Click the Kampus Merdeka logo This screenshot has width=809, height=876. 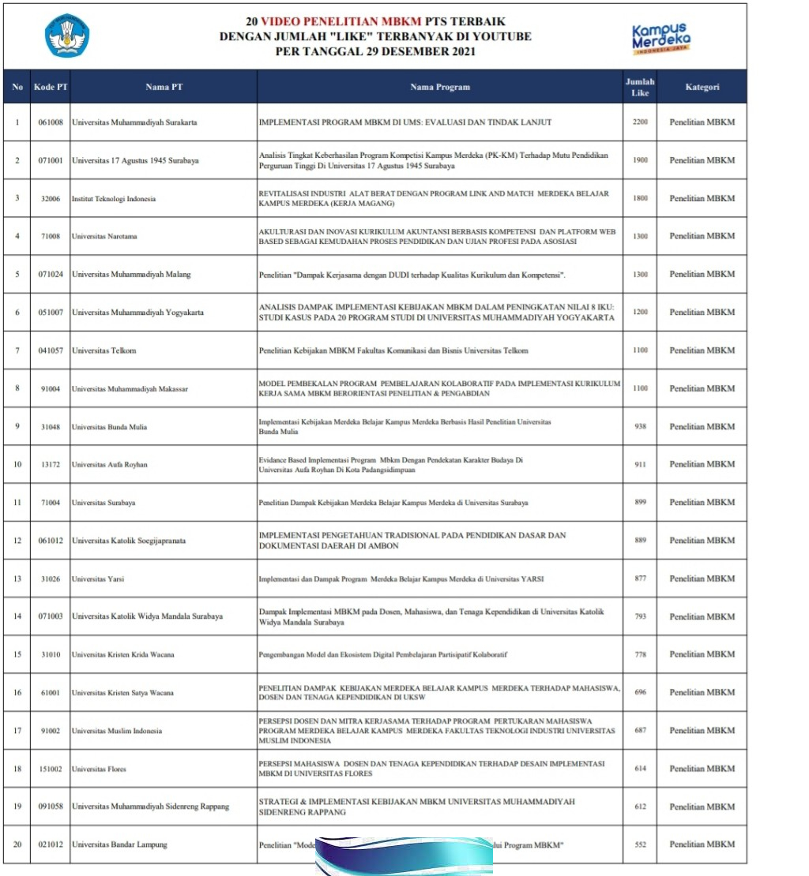(x=661, y=37)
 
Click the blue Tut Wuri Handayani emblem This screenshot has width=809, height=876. (x=67, y=36)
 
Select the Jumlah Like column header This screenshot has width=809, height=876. (x=640, y=87)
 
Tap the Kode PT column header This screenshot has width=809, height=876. (x=51, y=87)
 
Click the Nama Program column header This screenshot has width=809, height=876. (x=440, y=87)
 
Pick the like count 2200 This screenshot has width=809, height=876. (x=640, y=122)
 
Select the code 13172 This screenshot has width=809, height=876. (x=51, y=465)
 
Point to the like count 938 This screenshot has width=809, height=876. (x=640, y=427)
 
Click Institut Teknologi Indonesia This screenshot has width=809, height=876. (x=114, y=199)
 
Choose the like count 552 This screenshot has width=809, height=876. (x=640, y=844)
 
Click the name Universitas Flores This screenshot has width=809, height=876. (x=99, y=769)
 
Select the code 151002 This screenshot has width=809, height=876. (x=51, y=769)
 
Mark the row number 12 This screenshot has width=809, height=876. (x=17, y=541)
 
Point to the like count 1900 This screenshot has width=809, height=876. (x=640, y=160)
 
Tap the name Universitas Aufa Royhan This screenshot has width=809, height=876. (x=110, y=465)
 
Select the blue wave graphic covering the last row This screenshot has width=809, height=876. (x=404, y=855)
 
